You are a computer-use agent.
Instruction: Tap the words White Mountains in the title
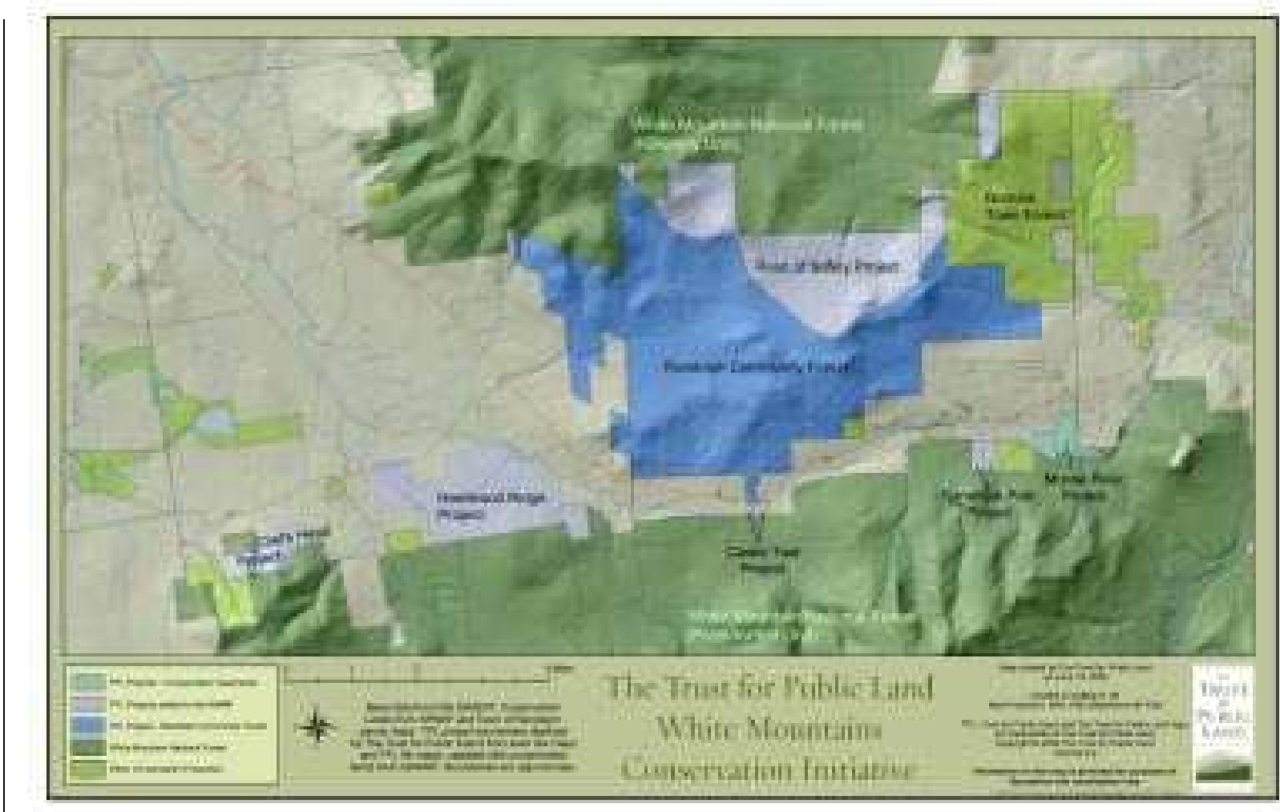pos(768,729)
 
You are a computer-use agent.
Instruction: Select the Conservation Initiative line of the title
pos(768,769)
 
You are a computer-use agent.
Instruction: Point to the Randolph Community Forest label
pos(761,366)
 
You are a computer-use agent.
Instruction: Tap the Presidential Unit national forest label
pos(802,625)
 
